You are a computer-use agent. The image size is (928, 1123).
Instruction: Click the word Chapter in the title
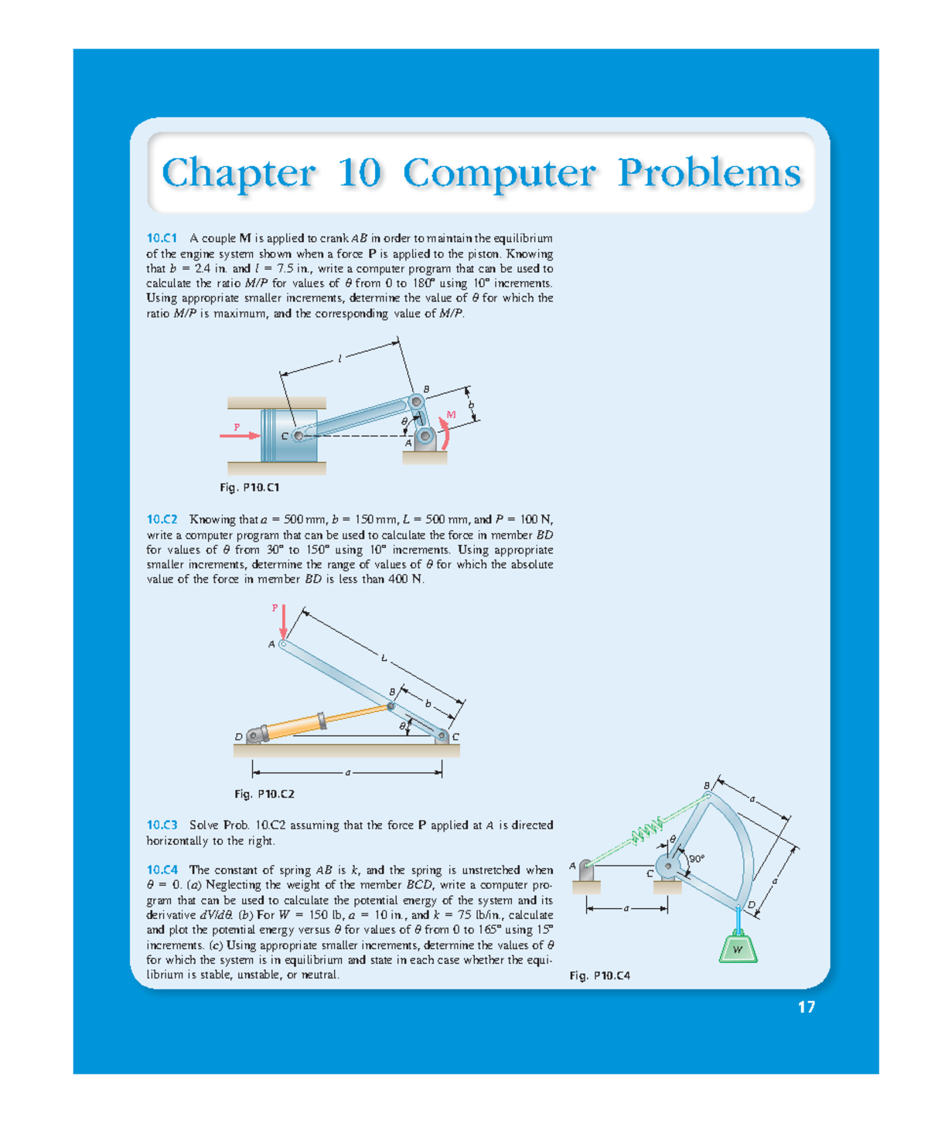point(238,173)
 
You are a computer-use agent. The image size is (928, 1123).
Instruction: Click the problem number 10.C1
point(162,238)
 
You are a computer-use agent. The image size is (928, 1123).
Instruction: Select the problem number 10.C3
point(162,825)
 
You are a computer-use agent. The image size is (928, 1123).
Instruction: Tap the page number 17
point(806,1007)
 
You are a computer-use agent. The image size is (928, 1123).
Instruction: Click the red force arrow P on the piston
point(240,435)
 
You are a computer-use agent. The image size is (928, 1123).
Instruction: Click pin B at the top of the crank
point(416,401)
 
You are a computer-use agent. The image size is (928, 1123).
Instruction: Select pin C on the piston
point(298,436)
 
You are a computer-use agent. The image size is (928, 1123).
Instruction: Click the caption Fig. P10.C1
point(249,488)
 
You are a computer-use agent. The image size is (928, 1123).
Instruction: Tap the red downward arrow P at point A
point(283,622)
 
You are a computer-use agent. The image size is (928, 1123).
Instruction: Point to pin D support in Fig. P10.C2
point(254,736)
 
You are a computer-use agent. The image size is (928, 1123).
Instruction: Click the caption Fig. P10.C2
point(264,794)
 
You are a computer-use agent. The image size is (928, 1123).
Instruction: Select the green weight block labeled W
point(738,948)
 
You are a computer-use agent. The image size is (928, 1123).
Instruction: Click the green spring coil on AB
point(646,831)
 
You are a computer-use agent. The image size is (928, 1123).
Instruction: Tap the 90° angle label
point(696,858)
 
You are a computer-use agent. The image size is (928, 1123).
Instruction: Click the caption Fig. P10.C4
point(599,976)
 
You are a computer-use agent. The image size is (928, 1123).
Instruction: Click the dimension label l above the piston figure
point(339,358)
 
